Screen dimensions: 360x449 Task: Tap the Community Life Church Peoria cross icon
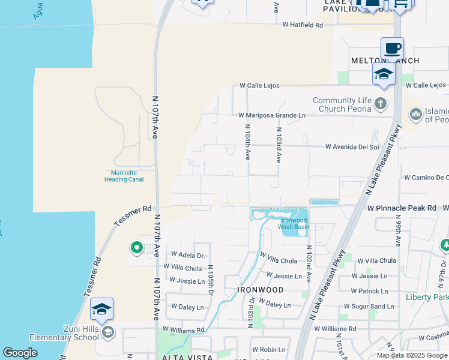(380, 104)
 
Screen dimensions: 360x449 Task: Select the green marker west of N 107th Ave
(136, 247)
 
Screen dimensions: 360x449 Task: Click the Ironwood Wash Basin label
(295, 223)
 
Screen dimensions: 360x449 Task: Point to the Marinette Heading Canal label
(124, 176)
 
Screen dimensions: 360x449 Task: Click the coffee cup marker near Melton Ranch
(392, 48)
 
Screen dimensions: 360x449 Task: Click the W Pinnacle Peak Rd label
(402, 208)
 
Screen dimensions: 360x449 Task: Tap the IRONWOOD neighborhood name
(260, 289)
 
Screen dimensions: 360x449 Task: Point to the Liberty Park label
(427, 297)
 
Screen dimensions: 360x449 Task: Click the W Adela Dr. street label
(188, 255)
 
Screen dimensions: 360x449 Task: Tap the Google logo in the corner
(20, 353)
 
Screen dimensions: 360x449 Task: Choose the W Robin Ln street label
(268, 349)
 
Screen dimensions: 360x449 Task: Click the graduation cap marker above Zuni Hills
(101, 309)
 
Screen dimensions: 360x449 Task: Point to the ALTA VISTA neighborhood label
(187, 357)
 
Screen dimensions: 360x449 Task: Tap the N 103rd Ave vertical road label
(279, 145)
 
